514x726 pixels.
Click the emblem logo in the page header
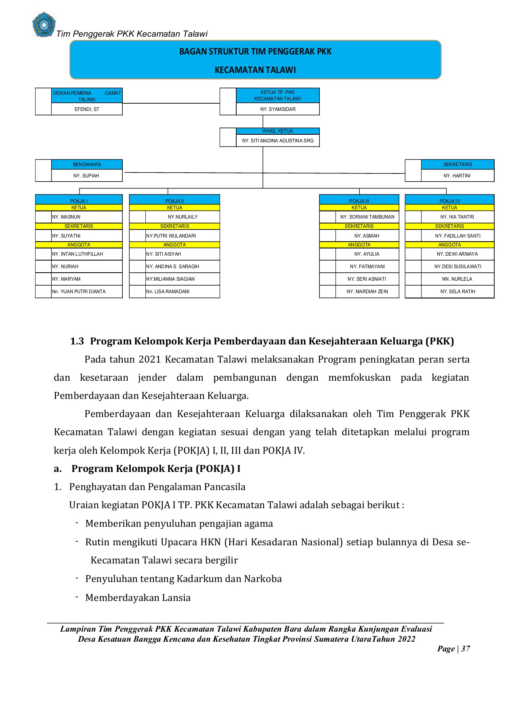pyautogui.click(x=44, y=25)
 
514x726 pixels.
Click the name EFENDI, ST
pyautogui.click(x=87, y=109)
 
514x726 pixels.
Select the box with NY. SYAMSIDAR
pyautogui.click(x=278, y=109)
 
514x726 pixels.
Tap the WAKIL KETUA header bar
pyautogui.click(x=278, y=131)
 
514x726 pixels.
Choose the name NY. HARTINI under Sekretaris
pyautogui.click(x=457, y=176)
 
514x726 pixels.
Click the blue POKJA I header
pyautogui.click(x=79, y=201)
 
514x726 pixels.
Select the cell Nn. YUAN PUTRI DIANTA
pyautogui.click(x=79, y=292)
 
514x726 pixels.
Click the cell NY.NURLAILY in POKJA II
pyautogui.click(x=183, y=217)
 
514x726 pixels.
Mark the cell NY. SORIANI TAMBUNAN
pyautogui.click(x=367, y=217)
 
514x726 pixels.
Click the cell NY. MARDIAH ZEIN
pyautogui.click(x=367, y=292)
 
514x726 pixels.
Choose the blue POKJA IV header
pyautogui.click(x=449, y=201)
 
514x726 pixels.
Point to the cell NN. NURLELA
pyautogui.click(x=457, y=279)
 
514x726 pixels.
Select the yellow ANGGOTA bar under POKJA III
pyautogui.click(x=359, y=245)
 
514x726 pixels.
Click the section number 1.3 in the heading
pyautogui.click(x=77, y=341)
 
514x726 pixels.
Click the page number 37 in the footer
pyautogui.click(x=466, y=649)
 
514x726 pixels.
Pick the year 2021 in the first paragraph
pyautogui.click(x=150, y=359)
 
